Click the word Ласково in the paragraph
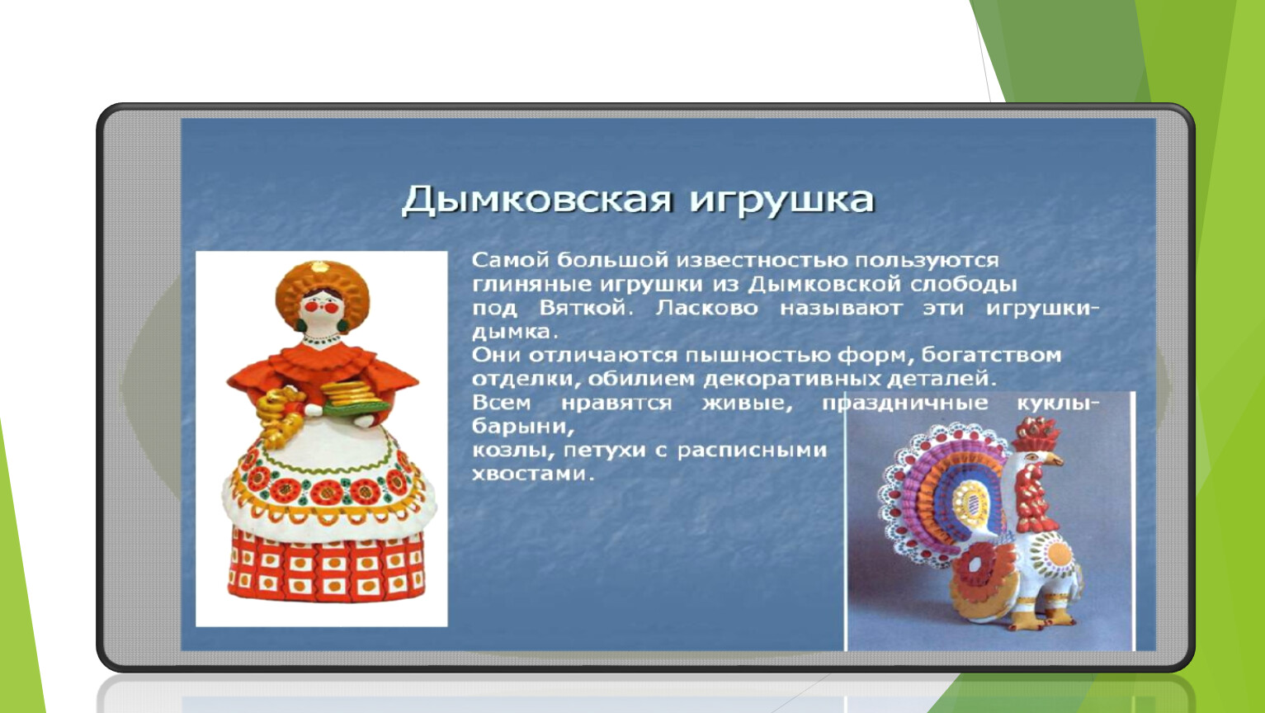(x=706, y=308)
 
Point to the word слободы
(x=964, y=284)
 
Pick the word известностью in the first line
(x=762, y=261)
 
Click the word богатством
(x=991, y=356)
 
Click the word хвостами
(x=533, y=474)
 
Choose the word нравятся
(x=616, y=404)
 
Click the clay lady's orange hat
(x=323, y=288)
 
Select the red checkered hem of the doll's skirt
(x=327, y=568)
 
